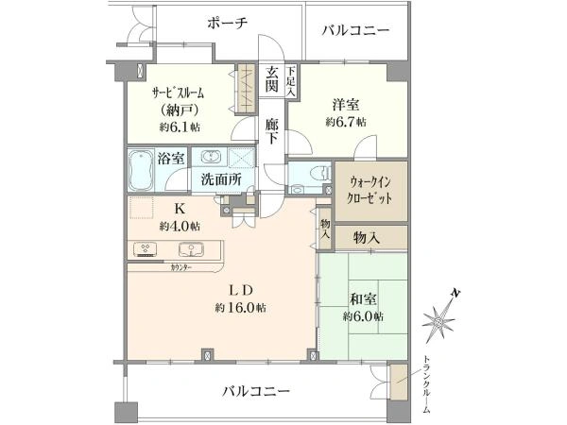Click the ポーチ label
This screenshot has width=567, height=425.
pyautogui.click(x=228, y=24)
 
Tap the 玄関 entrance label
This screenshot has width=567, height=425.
pyautogui.click(x=271, y=79)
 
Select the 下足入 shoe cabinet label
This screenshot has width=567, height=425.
pyautogui.click(x=291, y=81)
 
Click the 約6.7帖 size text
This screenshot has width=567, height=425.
pyautogui.click(x=346, y=122)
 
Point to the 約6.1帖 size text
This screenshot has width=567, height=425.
pyautogui.click(x=180, y=127)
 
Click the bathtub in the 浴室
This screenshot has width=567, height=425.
pyautogui.click(x=142, y=170)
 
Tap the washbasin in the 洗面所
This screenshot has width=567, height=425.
pyautogui.click(x=210, y=158)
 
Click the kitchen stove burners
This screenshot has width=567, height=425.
pyautogui.click(x=146, y=249)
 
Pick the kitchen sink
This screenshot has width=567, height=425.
pyautogui.click(x=191, y=249)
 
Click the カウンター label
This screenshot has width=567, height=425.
pyautogui.click(x=181, y=268)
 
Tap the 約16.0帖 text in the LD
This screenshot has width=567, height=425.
pyautogui.click(x=240, y=308)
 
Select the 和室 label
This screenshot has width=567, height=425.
pyautogui.click(x=363, y=299)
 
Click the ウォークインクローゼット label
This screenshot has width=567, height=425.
pyautogui.click(x=369, y=191)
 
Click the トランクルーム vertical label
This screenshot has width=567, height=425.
pyautogui.click(x=427, y=384)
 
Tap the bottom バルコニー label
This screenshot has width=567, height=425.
pyautogui.click(x=256, y=391)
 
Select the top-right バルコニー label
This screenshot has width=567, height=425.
pyautogui.click(x=356, y=30)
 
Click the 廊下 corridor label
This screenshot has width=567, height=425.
pyautogui.click(x=271, y=131)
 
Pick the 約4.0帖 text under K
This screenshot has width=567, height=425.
pyautogui.click(x=180, y=227)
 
